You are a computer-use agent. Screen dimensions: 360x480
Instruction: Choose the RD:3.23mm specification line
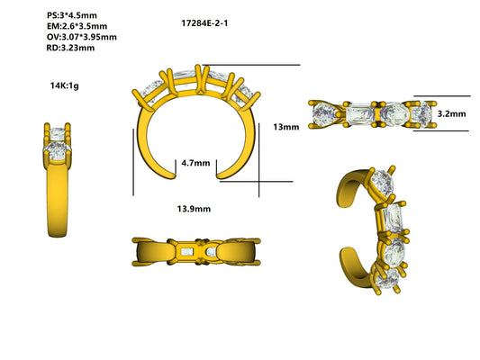tap(70, 48)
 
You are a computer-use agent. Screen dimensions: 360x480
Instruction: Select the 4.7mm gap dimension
tap(195, 163)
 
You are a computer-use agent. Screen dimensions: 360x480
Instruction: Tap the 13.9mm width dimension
tap(194, 208)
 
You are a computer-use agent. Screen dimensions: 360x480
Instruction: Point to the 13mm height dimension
tap(285, 127)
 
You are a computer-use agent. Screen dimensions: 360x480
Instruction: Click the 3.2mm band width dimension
tap(451, 114)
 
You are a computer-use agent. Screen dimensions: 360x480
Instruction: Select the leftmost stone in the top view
tap(325, 114)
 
